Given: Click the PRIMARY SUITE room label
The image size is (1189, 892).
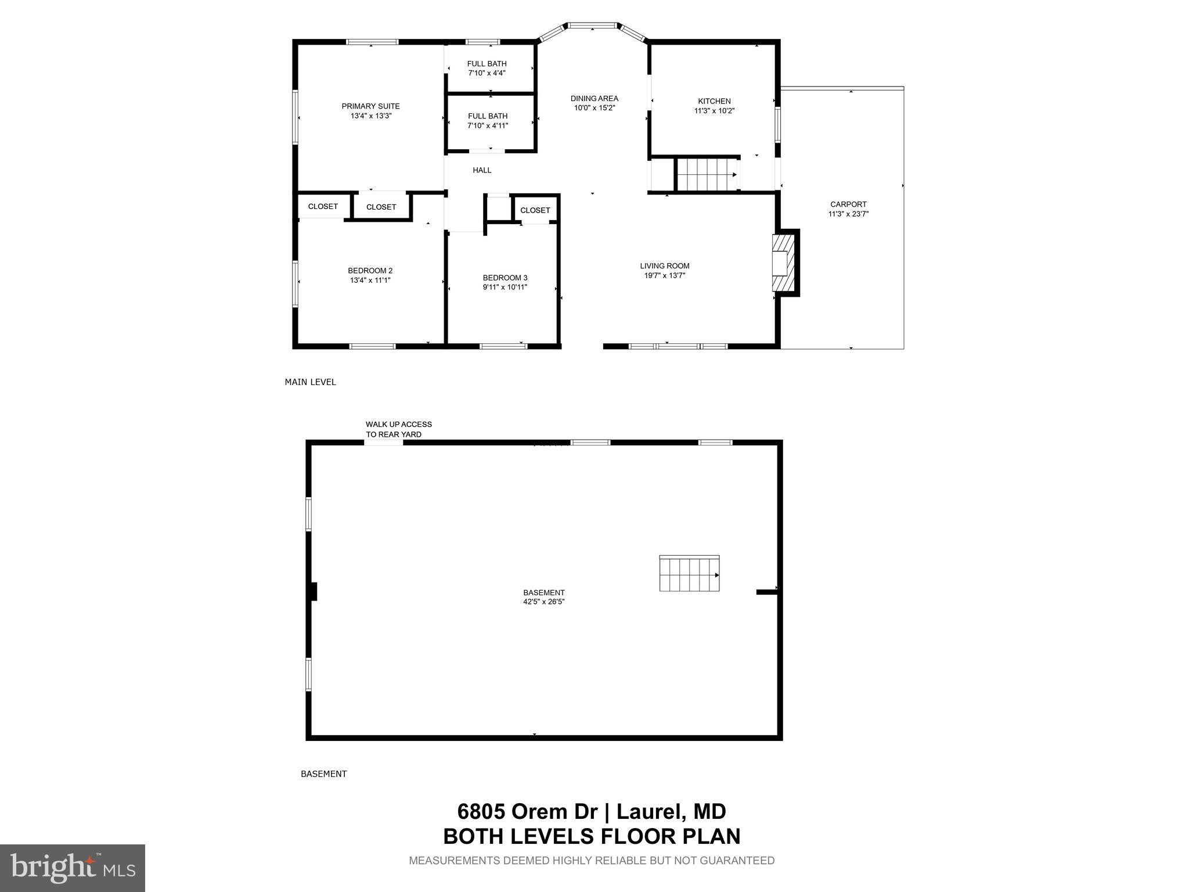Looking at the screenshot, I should coord(370,106).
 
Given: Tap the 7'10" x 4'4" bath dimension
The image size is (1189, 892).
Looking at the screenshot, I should coord(487,73).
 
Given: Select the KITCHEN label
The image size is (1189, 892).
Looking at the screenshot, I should coord(714,101).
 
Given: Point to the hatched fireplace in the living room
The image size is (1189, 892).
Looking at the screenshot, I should coord(783,262).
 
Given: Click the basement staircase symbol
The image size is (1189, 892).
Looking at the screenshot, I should coord(689,574).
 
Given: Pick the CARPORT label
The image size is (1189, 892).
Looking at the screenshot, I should coord(848,204).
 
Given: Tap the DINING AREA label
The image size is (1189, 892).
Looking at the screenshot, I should coord(594,98).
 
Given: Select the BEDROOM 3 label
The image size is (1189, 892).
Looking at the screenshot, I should coord(505,278).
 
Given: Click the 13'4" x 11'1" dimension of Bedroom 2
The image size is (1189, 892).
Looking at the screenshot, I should coord(370,280).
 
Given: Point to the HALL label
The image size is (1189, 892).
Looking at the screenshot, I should coord(482,170).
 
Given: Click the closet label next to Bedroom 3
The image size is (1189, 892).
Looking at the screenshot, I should coord(535,210).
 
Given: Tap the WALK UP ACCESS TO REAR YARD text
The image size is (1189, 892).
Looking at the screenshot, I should coord(398,429).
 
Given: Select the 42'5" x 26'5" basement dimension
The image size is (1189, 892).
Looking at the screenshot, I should coord(543,602).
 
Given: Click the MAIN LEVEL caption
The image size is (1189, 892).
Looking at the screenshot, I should coord(310,382).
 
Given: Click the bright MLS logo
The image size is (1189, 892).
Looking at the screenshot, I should coord(73,868).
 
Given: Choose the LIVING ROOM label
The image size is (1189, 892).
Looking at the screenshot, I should coord(664,266).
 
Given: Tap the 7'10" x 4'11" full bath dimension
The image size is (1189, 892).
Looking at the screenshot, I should coord(488,125).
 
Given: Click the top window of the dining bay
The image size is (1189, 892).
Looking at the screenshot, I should coord(592,26).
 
